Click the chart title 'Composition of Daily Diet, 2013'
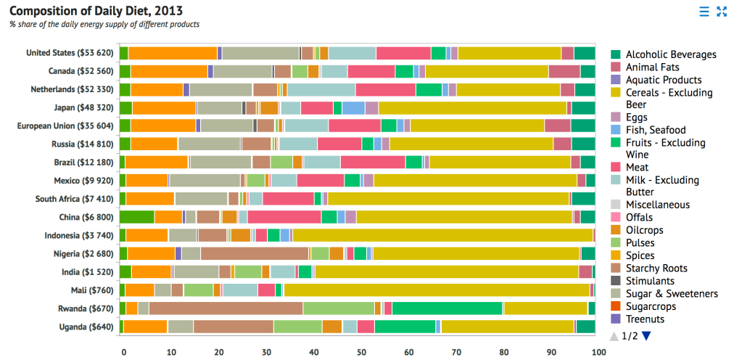click(x=96, y=11)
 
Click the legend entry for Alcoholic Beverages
click(x=670, y=54)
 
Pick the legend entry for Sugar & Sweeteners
click(x=672, y=294)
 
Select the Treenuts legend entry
click(x=645, y=319)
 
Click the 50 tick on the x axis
click(x=360, y=352)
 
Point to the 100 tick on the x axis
click(x=598, y=352)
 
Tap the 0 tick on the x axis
click(x=123, y=352)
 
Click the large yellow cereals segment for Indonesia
click(x=442, y=235)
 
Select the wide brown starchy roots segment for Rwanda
click(x=226, y=308)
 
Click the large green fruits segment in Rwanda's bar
click(x=447, y=308)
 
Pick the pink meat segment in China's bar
click(x=284, y=217)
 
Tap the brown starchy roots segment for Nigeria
click(x=254, y=253)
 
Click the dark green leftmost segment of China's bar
click(x=137, y=217)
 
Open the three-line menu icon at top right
click(x=704, y=11)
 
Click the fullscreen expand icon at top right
click(x=722, y=11)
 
